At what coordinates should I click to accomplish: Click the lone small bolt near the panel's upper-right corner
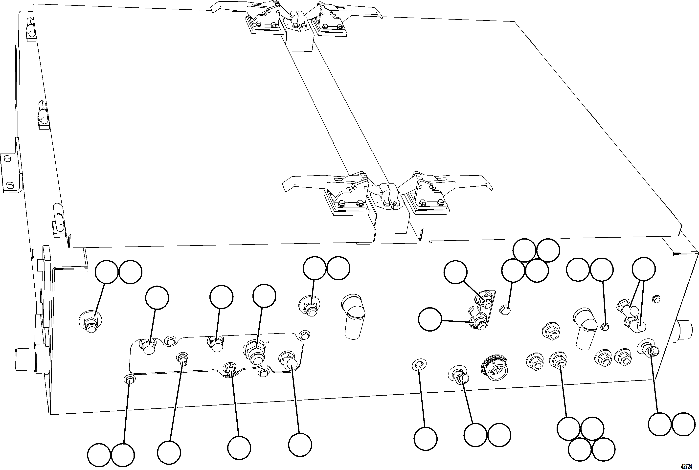tap(656, 299)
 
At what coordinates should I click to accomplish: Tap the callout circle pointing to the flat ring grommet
tap(425, 439)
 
